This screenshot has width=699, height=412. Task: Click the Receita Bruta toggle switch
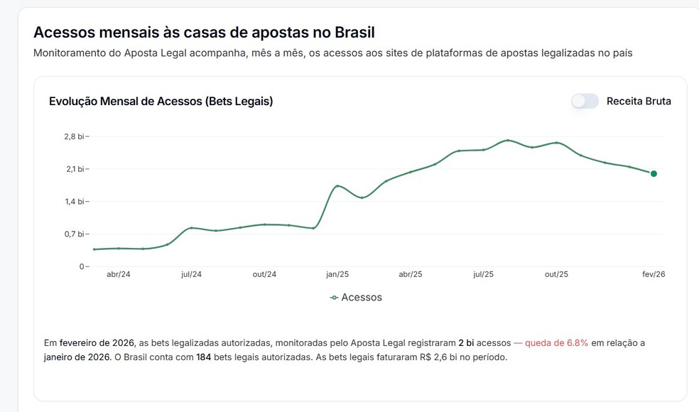(x=585, y=101)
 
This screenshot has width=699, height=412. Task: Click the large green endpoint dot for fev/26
(x=654, y=173)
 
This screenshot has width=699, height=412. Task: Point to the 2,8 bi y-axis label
(x=76, y=136)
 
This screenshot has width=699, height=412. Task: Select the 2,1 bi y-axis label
(x=76, y=169)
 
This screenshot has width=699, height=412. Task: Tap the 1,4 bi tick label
(x=76, y=202)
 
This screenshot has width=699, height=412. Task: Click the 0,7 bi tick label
(x=76, y=234)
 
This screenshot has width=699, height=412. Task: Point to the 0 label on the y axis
(x=82, y=266)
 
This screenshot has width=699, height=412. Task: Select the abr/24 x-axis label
(x=118, y=274)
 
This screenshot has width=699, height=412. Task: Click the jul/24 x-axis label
(x=191, y=274)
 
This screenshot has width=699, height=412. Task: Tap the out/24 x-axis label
(x=264, y=274)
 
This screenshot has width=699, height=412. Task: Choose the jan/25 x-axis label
(x=337, y=274)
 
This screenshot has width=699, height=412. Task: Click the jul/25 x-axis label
(x=483, y=274)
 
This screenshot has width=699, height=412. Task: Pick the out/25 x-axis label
(x=556, y=274)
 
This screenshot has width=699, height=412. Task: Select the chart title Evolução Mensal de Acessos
(x=161, y=101)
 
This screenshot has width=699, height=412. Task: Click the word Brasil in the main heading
(x=349, y=32)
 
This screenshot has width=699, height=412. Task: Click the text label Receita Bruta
(x=638, y=101)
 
